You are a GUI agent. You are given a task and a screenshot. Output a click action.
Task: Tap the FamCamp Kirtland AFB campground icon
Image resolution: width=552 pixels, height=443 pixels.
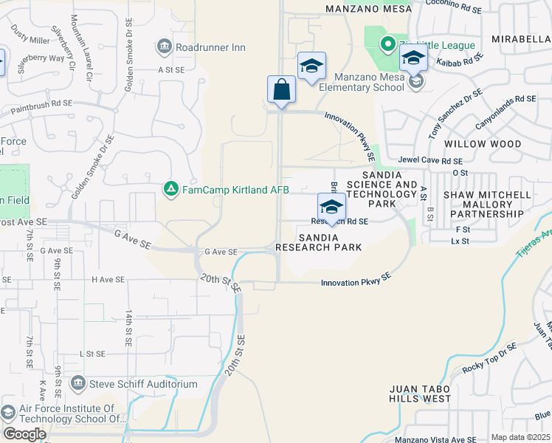(171, 190)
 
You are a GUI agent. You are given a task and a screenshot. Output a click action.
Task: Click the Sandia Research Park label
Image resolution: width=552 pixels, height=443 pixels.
(319, 242)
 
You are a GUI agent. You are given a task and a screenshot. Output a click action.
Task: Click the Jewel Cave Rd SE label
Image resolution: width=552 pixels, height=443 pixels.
(430, 160)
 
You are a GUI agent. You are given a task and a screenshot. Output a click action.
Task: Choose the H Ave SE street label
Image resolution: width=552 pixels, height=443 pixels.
(108, 280)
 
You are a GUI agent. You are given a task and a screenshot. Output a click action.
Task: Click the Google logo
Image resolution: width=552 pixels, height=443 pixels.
(25, 434)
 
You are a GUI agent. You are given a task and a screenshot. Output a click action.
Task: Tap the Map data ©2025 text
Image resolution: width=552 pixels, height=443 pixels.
(520, 437)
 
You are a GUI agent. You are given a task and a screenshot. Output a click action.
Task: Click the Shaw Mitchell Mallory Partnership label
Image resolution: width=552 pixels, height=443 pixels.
(486, 205)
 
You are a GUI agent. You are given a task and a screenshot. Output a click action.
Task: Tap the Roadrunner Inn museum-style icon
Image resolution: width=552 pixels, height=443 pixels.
(164, 48)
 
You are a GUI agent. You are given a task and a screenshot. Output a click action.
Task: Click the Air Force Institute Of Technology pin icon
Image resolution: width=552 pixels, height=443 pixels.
(8, 413)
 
